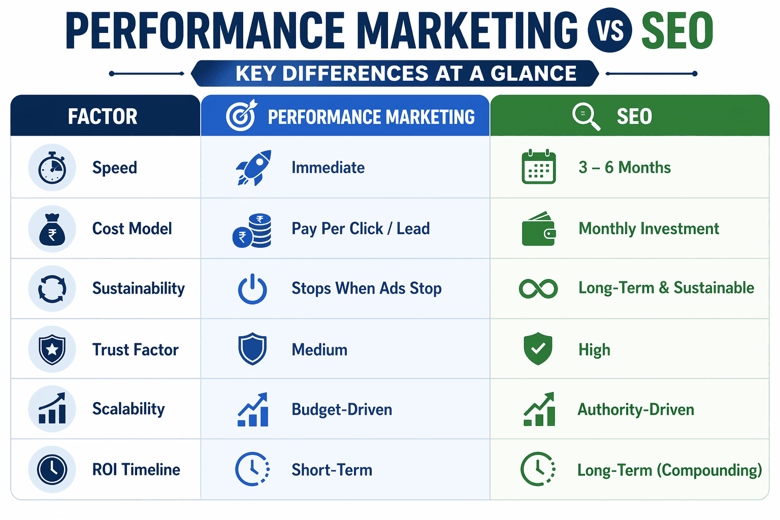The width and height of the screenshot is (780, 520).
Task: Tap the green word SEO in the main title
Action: click(677, 31)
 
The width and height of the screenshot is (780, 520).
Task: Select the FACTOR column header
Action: click(103, 116)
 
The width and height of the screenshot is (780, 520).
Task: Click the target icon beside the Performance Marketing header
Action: click(241, 116)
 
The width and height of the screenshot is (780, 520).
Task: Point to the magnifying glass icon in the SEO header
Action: click(586, 116)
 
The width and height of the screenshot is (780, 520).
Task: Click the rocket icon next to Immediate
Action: click(254, 168)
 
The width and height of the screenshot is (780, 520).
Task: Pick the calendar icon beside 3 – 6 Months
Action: click(539, 167)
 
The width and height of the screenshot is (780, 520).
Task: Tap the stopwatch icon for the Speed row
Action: click(52, 168)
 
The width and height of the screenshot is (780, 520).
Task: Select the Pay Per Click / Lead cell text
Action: click(361, 229)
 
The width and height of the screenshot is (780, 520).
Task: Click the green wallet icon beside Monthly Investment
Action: click(539, 229)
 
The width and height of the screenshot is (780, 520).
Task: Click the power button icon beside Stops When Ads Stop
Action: click(252, 289)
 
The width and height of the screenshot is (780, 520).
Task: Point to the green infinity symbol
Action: click(538, 288)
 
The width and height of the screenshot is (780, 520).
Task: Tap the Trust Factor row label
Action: click(135, 349)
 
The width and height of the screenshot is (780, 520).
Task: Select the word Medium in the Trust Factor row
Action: click(319, 349)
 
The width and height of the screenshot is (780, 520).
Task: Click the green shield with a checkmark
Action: click(538, 349)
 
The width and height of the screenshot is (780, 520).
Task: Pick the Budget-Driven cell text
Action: click(342, 409)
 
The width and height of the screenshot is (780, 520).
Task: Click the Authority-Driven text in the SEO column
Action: click(636, 409)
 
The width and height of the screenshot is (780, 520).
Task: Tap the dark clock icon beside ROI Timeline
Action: click(52, 469)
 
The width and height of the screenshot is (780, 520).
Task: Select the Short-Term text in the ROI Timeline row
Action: click(332, 470)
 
